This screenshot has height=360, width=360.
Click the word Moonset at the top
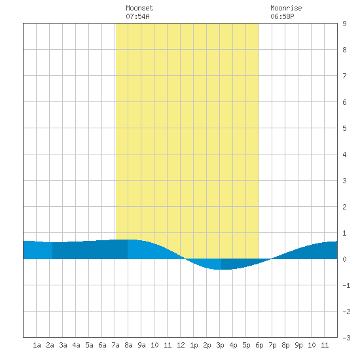139,8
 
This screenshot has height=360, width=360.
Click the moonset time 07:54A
137,16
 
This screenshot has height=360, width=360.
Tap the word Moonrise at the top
286,8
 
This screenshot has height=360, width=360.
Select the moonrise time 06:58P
282,16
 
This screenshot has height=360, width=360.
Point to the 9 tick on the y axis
344,24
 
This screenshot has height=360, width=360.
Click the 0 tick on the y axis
344,259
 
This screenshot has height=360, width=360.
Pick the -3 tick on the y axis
346,338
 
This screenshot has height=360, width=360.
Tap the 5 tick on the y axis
344,128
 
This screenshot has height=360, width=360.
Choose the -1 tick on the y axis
346,285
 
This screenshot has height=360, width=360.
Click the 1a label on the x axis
37,345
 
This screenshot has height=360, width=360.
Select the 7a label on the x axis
115,345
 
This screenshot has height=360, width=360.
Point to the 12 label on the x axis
181,345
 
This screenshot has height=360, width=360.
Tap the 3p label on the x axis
220,345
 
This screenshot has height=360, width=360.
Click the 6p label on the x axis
259,345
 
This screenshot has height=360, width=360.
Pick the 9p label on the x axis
298,345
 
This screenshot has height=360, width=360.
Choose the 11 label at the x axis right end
325,345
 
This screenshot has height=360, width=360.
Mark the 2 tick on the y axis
344,207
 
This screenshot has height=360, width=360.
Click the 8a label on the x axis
128,345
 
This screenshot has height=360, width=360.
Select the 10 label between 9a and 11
154,345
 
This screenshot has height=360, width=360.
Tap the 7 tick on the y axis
344,76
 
